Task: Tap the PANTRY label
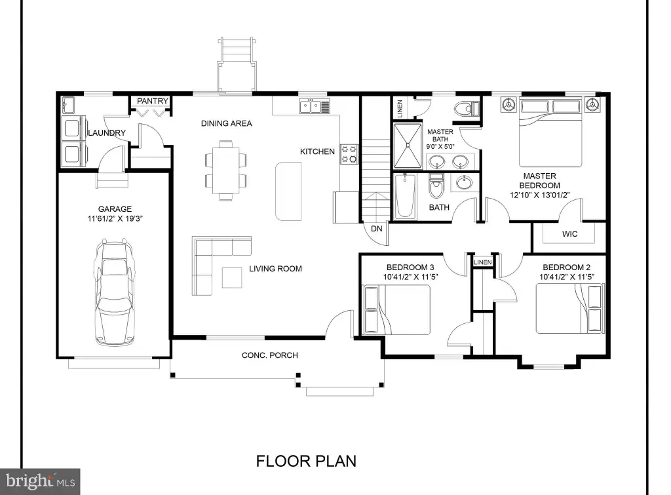pos(152,100)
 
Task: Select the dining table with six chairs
pos(226,170)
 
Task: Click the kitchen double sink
pos(315,106)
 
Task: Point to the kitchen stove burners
pos(349,154)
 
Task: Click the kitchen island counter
pos(288,191)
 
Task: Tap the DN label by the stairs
pos(377,229)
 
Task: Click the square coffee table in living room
pos(232,277)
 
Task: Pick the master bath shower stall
pos(408,146)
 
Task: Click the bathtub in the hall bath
pos(405,196)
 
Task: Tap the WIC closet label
pos(569,234)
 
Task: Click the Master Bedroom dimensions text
pos(540,195)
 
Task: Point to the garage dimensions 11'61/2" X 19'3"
pos(115,219)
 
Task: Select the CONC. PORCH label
pos(269,355)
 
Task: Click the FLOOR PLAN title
pos(307,461)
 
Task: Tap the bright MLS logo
pos(40,481)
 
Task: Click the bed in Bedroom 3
pos(396,309)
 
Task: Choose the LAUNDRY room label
pos(107,132)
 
